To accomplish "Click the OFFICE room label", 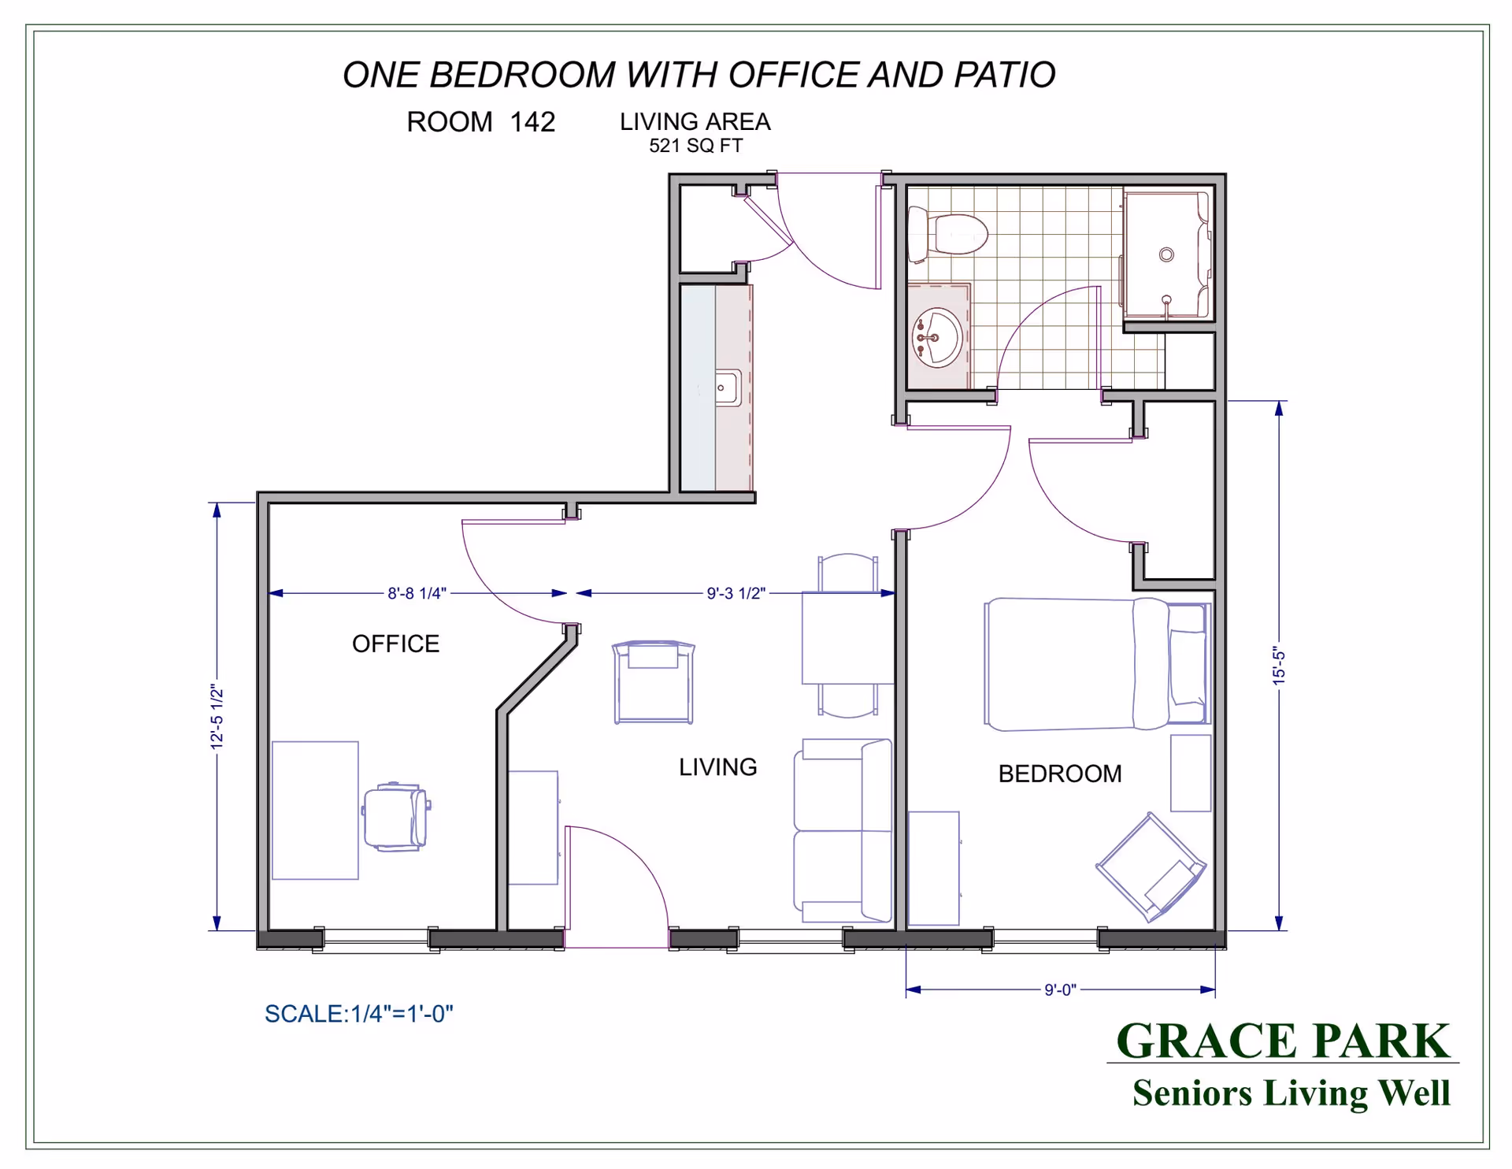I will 395,644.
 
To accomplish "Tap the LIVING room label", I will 717,766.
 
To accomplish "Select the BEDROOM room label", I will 1060,774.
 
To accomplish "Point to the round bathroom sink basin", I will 937,338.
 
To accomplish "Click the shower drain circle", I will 1166,254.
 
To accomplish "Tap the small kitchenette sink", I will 727,388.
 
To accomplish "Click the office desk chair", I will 396,816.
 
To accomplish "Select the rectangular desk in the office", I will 315,810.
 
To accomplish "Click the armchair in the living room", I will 654,682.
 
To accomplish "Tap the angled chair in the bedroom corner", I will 1151,867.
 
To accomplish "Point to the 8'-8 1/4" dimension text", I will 417,593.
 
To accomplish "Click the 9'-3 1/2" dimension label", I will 736,593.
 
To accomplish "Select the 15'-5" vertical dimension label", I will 1279,666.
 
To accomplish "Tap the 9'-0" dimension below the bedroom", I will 1060,990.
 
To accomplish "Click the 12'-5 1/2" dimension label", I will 217,717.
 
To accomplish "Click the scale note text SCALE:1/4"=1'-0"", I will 359,1014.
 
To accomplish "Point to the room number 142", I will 532,122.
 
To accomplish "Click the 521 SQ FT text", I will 695,146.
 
